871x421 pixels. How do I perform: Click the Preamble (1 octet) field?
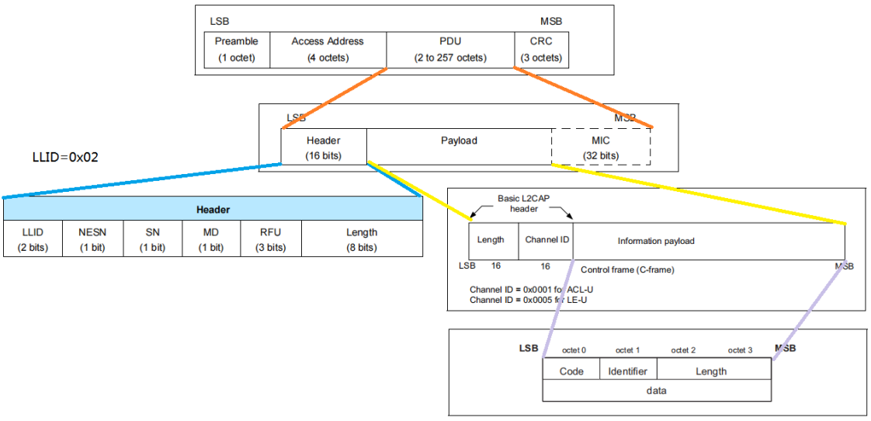tap(237, 50)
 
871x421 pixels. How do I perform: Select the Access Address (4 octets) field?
tap(328, 50)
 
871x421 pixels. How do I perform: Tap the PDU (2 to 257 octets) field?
tap(450, 50)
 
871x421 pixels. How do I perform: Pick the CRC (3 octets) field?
tap(541, 50)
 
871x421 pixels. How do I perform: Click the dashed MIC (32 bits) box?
tap(600, 148)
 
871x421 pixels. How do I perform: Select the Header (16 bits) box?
tap(324, 148)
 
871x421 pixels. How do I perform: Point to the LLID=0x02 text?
tap(61, 157)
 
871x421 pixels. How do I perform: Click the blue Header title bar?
tap(212, 210)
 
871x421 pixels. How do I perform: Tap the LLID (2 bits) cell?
tap(33, 239)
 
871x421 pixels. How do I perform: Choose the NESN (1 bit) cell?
tap(92, 239)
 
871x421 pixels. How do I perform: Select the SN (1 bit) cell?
tap(152, 239)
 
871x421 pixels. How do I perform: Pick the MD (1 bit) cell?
tap(211, 239)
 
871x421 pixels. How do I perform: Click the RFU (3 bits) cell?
tap(271, 239)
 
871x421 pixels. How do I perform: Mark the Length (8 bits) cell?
tap(362, 239)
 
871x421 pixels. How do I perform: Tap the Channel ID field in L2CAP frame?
tap(547, 240)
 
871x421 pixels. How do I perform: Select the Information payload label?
tap(656, 241)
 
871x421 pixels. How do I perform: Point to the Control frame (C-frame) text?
tap(627, 269)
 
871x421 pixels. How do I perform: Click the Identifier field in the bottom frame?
tap(628, 371)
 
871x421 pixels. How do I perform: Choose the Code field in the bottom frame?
tap(571, 371)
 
